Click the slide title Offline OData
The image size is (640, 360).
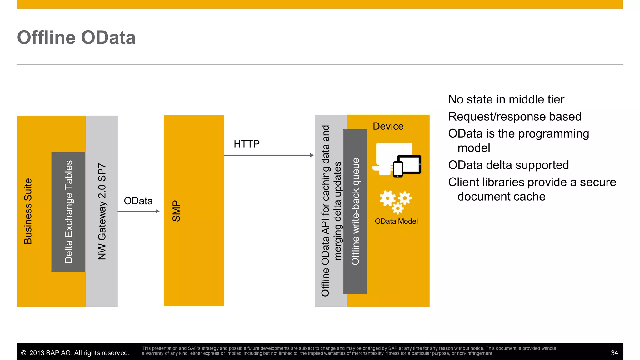tap(76, 38)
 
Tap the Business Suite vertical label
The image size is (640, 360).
tap(28, 211)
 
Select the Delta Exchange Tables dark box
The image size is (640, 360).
tap(68, 212)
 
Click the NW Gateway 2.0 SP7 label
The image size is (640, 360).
tap(102, 211)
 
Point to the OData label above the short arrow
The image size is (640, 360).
tap(138, 201)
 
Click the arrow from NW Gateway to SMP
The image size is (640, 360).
tap(138, 211)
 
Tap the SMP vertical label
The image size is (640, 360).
tap(177, 211)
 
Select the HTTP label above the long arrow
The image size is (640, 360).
tap(247, 144)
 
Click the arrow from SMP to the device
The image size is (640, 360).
tap(269, 155)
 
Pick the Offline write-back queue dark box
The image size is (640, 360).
tap(355, 211)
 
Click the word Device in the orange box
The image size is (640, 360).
tap(388, 126)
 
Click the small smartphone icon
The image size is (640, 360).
tap(398, 169)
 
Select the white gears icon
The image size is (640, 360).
tap(396, 202)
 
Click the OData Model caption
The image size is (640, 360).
tap(396, 221)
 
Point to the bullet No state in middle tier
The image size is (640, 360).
tap(506, 99)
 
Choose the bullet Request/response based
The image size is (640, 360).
tap(515, 117)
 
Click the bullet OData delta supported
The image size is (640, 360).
tap(508, 165)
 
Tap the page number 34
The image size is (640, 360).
tap(614, 353)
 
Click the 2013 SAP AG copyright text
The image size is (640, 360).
tap(75, 353)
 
